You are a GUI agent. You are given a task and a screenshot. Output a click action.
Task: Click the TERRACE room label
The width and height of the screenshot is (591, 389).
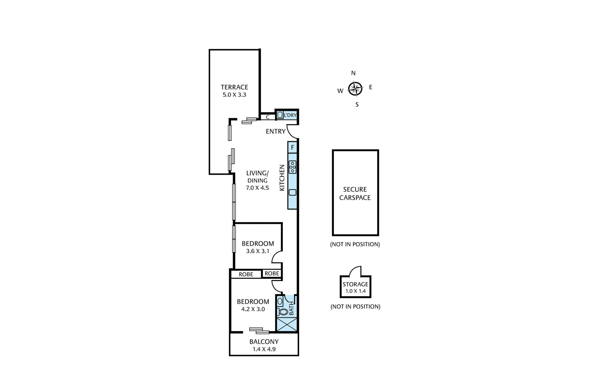coord(234,87)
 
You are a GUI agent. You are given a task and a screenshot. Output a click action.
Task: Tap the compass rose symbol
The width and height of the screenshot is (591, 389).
coord(355,89)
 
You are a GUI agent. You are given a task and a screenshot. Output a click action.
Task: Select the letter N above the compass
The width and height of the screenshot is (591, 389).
coord(353,73)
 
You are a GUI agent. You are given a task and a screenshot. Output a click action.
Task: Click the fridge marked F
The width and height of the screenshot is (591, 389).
coord(292,147)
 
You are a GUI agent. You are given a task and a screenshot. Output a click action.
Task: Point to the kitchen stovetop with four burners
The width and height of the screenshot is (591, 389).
coord(292,167)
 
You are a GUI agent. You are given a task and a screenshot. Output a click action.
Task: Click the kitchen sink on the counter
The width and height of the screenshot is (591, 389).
coord(292,193)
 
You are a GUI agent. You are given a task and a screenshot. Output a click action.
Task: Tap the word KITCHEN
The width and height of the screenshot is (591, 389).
coord(282,178)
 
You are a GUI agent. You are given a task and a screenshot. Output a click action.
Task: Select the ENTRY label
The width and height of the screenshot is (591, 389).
coord(276,131)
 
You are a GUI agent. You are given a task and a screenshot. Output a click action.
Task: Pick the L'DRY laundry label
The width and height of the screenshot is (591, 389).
coord(290,115)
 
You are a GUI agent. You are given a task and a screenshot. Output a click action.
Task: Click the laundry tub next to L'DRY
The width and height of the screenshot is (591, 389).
coord(280,115)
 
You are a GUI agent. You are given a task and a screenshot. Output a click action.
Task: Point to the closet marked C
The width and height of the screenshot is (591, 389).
coord(268,117)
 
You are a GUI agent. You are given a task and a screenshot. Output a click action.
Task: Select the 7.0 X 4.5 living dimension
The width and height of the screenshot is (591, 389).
coord(257,188)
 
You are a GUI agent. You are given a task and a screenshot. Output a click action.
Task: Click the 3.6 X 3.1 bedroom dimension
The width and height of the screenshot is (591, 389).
coord(258,251)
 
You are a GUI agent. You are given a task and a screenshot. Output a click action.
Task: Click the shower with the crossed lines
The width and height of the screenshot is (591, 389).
coord(287,324)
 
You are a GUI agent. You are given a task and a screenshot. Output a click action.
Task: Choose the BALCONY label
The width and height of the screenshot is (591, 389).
coord(264,342)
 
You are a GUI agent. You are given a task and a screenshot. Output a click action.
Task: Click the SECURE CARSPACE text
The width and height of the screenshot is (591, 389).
coord(355,193)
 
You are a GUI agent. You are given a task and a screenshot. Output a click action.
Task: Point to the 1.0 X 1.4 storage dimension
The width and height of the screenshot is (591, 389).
coord(356,291)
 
